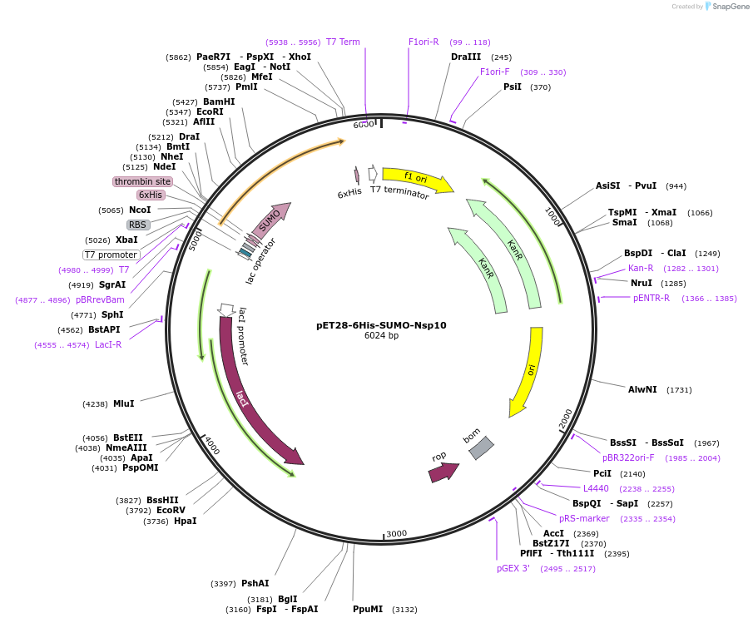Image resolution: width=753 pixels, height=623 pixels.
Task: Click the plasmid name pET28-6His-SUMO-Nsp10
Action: pyautogui.click(x=381, y=325)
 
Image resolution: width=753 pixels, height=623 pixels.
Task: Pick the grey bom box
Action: pyautogui.click(x=481, y=447)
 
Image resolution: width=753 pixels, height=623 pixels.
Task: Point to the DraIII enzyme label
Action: pyautogui.click(x=466, y=57)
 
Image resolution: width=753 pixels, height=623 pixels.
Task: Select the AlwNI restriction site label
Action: pyautogui.click(x=642, y=389)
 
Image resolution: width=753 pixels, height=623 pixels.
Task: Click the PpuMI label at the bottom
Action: pyautogui.click(x=368, y=610)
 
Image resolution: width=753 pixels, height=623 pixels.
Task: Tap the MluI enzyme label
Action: pyautogui.click(x=123, y=404)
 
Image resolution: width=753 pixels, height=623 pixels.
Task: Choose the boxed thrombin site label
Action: pyautogui.click(x=142, y=181)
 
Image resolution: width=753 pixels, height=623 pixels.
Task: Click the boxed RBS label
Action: pyautogui.click(x=137, y=225)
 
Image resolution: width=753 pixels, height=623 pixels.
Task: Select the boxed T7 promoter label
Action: pyautogui.click(x=111, y=255)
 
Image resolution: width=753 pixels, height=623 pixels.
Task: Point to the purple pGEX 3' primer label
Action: pyautogui.click(x=513, y=569)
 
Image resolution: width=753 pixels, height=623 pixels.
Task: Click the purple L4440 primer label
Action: pyautogui.click(x=596, y=488)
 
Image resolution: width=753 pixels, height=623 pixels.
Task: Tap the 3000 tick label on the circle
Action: pyautogui.click(x=396, y=533)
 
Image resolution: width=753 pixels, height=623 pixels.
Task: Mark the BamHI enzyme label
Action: pyautogui.click(x=219, y=101)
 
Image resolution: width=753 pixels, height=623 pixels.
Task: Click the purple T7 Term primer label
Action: pyautogui.click(x=343, y=42)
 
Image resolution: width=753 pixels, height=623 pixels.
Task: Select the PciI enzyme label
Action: pyautogui.click(x=602, y=473)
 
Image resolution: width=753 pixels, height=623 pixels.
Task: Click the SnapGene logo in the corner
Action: pyautogui.click(x=725, y=7)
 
